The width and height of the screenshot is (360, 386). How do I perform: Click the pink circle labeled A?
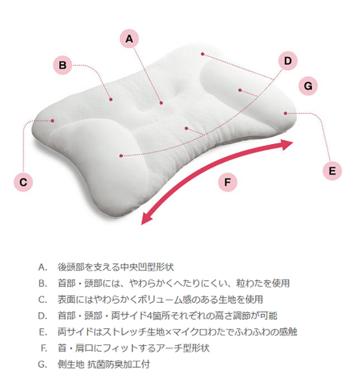(x=129, y=39)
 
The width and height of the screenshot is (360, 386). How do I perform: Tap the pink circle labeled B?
(x=63, y=65)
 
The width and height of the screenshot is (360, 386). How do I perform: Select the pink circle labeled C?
(x=24, y=182)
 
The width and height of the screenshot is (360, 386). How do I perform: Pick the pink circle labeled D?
(x=288, y=61)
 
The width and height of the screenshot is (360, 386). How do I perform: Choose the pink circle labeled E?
(x=332, y=171)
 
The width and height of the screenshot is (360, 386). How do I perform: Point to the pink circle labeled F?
(x=228, y=182)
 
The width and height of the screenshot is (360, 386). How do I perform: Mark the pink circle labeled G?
(x=308, y=86)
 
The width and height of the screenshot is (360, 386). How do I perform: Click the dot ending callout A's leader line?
(x=161, y=103)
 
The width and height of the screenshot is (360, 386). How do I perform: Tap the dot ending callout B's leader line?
(x=111, y=100)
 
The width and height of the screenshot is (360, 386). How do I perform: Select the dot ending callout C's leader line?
(x=52, y=120)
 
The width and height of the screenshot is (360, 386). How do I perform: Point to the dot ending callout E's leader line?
(x=285, y=113)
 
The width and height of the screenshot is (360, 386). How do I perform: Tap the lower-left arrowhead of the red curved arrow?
(x=146, y=218)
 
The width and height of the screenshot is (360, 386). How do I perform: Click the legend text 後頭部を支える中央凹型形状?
(x=116, y=267)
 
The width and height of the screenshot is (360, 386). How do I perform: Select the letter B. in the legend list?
(x=43, y=284)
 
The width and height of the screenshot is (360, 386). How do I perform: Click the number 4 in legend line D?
(x=149, y=316)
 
